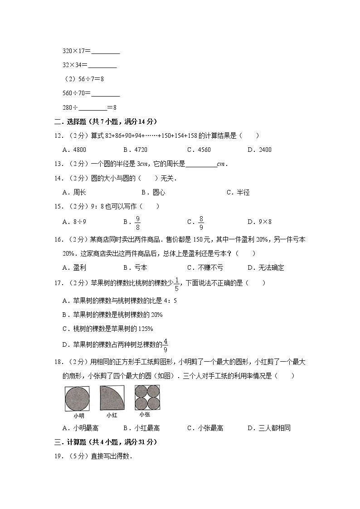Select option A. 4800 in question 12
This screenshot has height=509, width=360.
pos(74,150)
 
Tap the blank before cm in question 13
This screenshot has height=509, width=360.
pos(201,164)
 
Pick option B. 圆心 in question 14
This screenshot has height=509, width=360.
pos(153,192)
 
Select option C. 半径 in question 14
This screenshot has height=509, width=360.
pos(238,192)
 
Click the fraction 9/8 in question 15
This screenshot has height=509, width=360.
pos(138,222)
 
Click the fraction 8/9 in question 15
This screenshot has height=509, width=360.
pos(201,222)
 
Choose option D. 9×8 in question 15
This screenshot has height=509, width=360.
pos(260,222)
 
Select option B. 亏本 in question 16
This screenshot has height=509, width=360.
pos(136,267)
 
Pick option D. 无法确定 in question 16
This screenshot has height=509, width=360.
pos(266,267)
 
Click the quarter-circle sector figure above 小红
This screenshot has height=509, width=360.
pos(112,398)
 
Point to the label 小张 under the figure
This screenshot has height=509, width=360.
pos(145,414)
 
